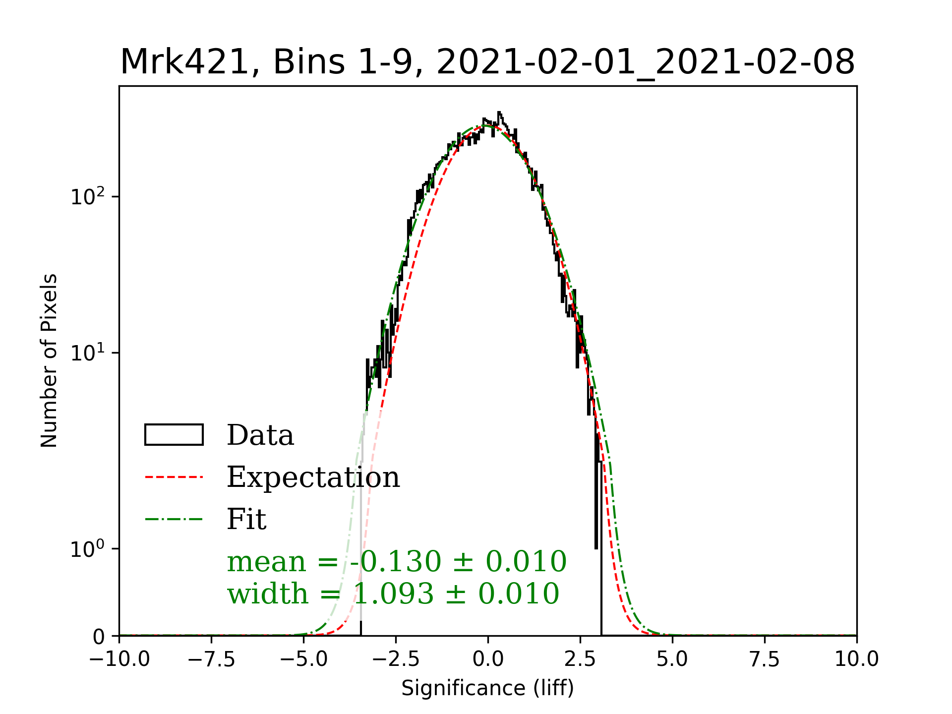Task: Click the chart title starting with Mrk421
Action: [487, 62]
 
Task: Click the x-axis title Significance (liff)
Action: [487, 688]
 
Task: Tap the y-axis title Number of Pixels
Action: [49, 360]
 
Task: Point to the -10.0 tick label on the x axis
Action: [119, 659]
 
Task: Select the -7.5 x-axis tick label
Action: [212, 659]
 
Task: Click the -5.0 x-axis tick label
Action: [303, 659]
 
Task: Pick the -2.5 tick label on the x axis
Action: [396, 659]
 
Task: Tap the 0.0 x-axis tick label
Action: [488, 659]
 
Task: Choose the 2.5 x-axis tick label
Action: [580, 659]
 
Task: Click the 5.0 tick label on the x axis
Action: [672, 659]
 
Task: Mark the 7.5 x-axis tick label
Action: [765, 659]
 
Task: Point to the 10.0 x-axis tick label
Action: [856, 659]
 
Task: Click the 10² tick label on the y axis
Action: [88, 196]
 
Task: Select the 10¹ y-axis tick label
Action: [88, 353]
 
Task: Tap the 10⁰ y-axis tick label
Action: [88, 549]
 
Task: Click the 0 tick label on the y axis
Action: [99, 637]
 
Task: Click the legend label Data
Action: [260, 435]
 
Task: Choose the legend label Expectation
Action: [313, 477]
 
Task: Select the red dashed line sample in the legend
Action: [174, 477]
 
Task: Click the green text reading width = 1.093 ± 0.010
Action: [393, 594]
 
